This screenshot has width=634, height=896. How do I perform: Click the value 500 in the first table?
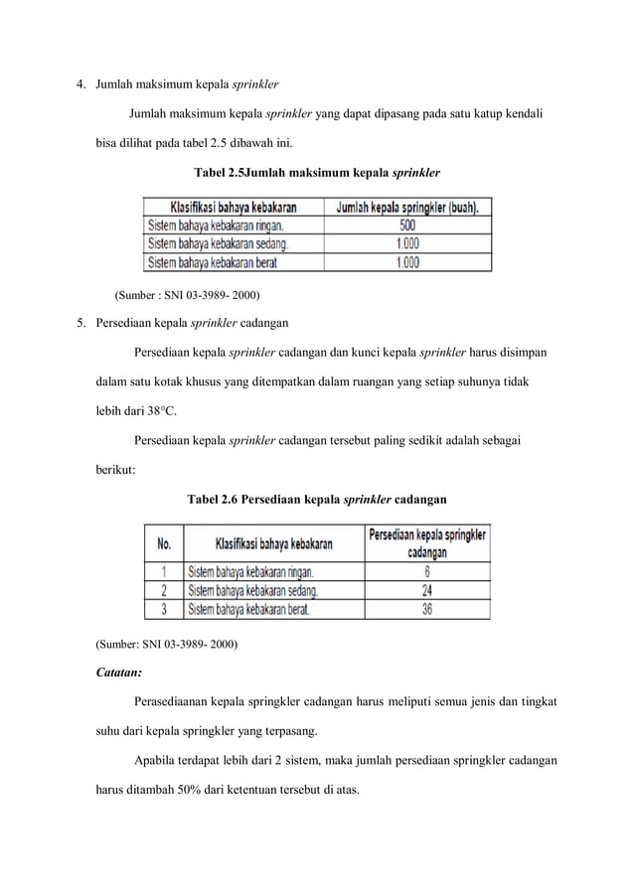pyautogui.click(x=407, y=225)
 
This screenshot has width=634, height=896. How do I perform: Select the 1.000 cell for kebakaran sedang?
pyautogui.click(x=407, y=244)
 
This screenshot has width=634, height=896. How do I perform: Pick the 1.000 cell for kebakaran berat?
pyautogui.click(x=407, y=263)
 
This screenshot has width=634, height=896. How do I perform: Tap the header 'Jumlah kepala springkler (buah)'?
pyautogui.click(x=407, y=208)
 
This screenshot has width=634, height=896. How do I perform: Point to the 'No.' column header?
pyautogui.click(x=164, y=543)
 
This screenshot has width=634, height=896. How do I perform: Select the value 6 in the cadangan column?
pyautogui.click(x=427, y=571)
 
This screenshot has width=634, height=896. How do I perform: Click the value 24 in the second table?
pyautogui.click(x=427, y=590)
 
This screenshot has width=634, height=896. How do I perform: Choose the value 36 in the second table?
pyautogui.click(x=427, y=609)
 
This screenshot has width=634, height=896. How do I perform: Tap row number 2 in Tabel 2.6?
pyautogui.click(x=164, y=590)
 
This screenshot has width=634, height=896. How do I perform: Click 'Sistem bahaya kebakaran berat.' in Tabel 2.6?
pyautogui.click(x=249, y=609)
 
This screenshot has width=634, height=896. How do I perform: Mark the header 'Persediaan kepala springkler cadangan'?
pyautogui.click(x=427, y=542)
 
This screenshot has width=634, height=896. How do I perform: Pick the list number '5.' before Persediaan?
pyautogui.click(x=83, y=322)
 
